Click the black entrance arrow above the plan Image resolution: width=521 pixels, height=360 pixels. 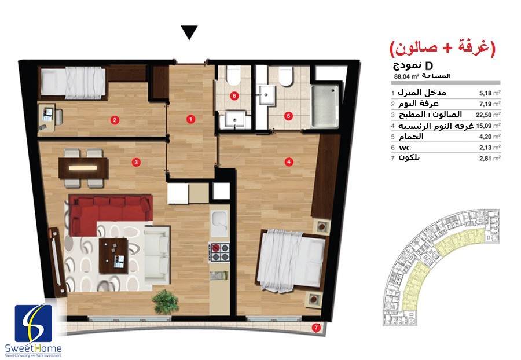(x=189, y=32)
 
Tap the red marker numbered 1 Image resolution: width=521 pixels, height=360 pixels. (x=190, y=119)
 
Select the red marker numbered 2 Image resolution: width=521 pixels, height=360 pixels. (x=115, y=120)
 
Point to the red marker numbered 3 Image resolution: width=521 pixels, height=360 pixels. (x=135, y=162)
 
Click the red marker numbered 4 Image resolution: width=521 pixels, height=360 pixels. (x=289, y=161)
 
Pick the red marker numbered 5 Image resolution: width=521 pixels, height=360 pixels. (x=288, y=116)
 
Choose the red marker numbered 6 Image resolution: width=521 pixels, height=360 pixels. (x=234, y=96)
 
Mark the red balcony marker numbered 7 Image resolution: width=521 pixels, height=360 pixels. (x=316, y=328)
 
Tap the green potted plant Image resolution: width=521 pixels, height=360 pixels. (x=165, y=302)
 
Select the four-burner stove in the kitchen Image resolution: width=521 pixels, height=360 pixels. (x=219, y=252)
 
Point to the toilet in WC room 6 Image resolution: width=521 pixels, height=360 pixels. (x=233, y=75)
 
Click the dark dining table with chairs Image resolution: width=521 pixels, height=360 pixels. (x=83, y=168)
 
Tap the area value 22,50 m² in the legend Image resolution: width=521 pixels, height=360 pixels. (x=488, y=115)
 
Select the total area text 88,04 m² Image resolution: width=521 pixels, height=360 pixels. (x=406, y=76)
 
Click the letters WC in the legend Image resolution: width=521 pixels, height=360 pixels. (x=405, y=148)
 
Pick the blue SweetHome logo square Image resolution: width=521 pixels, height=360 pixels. (x=33, y=324)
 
